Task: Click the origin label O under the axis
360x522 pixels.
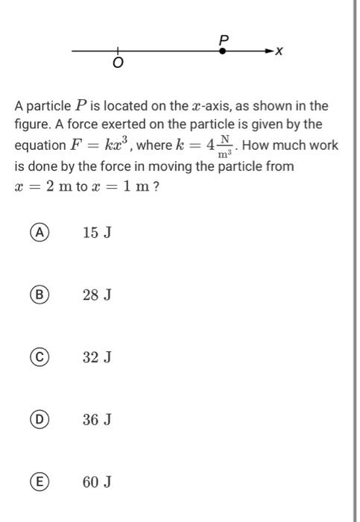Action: tap(117, 65)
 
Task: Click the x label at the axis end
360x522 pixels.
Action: tap(280, 51)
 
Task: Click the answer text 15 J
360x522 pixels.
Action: tap(97, 233)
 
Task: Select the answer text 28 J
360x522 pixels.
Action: tap(97, 295)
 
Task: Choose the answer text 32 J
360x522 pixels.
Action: tap(97, 357)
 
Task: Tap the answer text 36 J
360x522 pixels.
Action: tap(97, 420)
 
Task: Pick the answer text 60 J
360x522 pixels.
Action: tap(97, 482)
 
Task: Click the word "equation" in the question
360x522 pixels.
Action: tap(39, 145)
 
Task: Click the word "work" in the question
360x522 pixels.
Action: tap(323, 145)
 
